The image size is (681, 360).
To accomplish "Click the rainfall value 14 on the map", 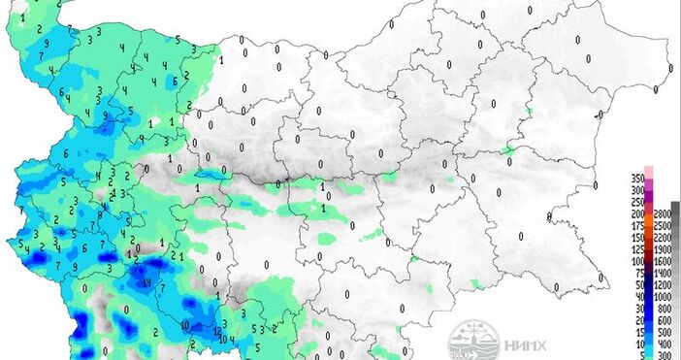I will (x=146, y=282).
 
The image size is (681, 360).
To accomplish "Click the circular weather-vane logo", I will (x=468, y=342).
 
